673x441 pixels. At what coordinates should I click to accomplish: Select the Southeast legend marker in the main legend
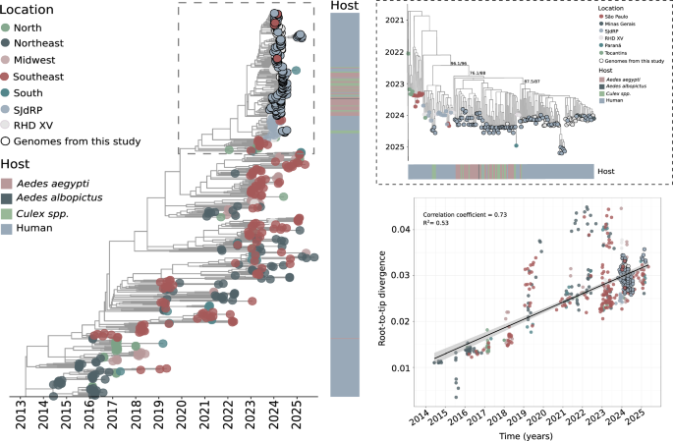[x=11, y=76]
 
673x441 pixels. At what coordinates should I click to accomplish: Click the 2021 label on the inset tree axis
[x=394, y=20]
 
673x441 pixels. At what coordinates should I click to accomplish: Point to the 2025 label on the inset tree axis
[x=394, y=146]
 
